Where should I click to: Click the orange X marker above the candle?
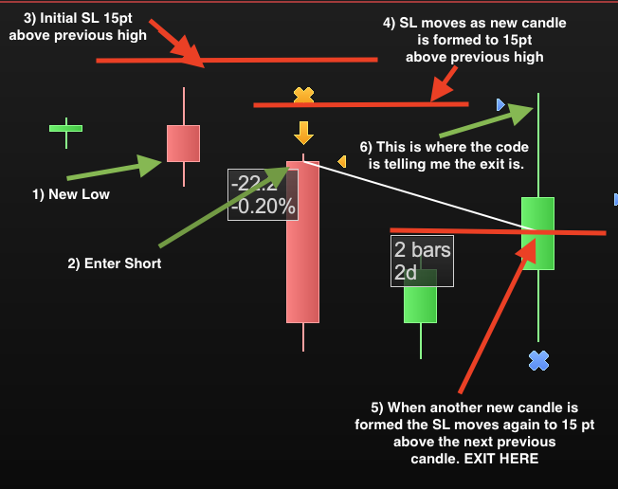[303, 95]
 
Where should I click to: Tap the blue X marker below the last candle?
[538, 360]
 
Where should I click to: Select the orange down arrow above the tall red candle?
[303, 132]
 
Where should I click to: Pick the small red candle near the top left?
[183, 143]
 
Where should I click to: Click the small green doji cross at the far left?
[66, 128]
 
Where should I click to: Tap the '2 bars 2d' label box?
[422, 261]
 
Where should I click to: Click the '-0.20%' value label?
[264, 206]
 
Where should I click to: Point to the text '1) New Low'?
[71, 194]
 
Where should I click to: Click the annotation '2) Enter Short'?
[115, 263]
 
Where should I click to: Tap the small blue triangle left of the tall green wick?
[500, 104]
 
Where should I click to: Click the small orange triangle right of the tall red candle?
[342, 162]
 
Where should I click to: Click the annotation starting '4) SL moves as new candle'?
[474, 40]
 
